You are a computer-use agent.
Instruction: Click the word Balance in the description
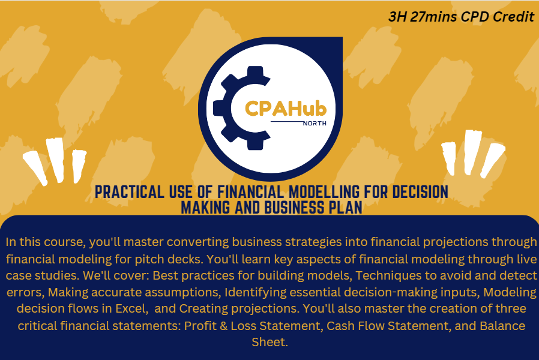click(496, 326)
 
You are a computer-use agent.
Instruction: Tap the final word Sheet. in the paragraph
click(269, 343)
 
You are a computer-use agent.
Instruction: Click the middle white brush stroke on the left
click(55, 160)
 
